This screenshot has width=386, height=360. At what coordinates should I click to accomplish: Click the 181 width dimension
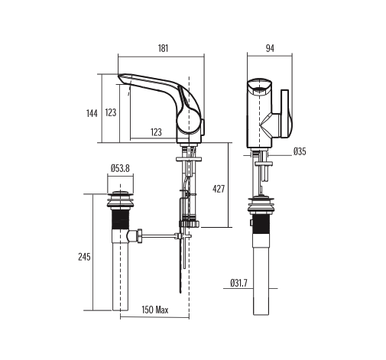(163, 47)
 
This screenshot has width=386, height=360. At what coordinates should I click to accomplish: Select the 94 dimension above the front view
(269, 47)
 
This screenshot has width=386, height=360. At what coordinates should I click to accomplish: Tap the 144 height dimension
(92, 113)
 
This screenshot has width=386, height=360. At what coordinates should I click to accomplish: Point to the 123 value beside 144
(111, 113)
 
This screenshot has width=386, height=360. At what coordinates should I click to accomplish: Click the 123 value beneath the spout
(156, 132)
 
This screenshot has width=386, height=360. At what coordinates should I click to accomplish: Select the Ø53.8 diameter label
(120, 167)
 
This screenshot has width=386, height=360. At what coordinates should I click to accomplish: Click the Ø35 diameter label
(300, 152)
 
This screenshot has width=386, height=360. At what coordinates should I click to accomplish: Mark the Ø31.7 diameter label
(238, 284)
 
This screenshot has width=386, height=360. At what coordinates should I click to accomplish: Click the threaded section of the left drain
(118, 222)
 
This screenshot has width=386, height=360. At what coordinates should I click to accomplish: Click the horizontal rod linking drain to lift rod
(159, 236)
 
